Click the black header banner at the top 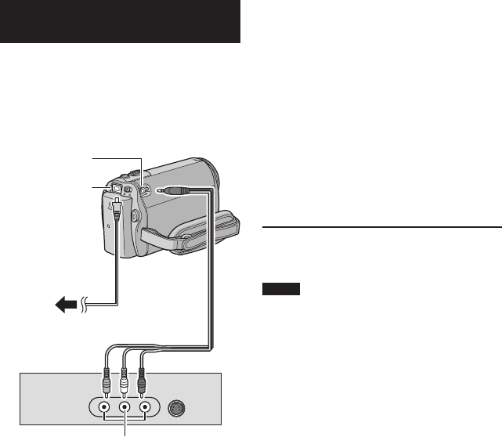[x=120, y=22]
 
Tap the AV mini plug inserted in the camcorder [x=173, y=190]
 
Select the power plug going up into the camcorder [x=117, y=205]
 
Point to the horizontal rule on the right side [x=381, y=226]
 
